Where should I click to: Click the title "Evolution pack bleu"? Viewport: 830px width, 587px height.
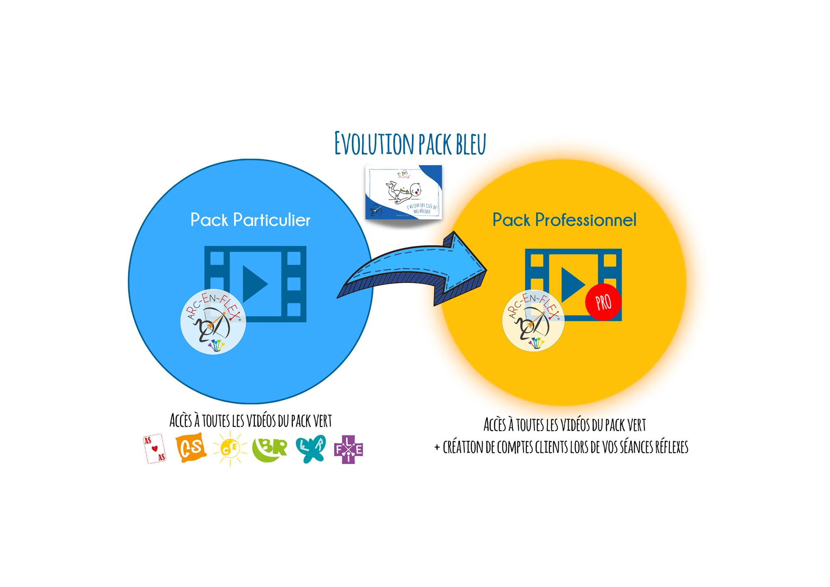(410, 144)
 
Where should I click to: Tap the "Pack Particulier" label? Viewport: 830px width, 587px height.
(250, 220)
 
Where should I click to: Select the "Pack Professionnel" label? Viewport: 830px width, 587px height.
(564, 220)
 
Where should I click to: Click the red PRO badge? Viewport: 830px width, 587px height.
(603, 302)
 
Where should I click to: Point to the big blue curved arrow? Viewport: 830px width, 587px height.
(415, 270)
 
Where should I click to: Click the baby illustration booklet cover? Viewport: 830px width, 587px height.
(404, 192)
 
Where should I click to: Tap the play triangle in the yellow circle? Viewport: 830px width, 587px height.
(572, 284)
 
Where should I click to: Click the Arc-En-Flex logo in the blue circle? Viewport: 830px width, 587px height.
(213, 322)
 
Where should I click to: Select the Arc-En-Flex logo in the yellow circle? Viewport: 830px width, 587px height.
(533, 320)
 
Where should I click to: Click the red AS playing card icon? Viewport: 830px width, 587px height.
(154, 449)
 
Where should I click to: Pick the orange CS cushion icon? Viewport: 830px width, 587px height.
(191, 448)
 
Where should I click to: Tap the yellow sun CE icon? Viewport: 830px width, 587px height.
(230, 448)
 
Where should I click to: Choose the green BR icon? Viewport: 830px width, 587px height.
(270, 448)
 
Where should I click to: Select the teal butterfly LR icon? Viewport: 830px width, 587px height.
(311, 448)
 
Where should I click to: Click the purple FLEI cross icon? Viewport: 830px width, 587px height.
(349, 449)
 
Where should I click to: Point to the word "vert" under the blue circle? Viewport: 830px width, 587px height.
(322, 421)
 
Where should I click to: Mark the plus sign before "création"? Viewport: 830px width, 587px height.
(437, 448)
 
